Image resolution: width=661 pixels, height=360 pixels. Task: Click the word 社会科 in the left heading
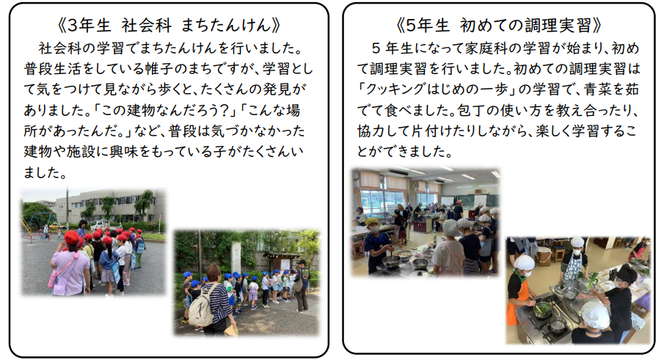tap(146, 26)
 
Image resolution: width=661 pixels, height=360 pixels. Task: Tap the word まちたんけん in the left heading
tap(226, 26)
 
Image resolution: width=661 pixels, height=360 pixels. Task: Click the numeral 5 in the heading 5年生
tap(412, 26)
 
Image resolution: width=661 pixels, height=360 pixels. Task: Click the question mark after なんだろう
tap(224, 111)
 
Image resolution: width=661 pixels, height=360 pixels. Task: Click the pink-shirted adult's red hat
tap(72, 237)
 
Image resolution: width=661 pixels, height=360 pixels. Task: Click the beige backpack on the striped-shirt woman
tap(201, 310)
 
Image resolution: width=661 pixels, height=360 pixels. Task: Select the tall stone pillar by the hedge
tap(235, 257)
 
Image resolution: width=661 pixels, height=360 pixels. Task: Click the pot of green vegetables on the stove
tap(541, 310)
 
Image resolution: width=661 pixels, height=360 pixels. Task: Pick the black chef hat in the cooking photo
tap(627, 273)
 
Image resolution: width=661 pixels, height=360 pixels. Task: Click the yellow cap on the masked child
tap(371, 221)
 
